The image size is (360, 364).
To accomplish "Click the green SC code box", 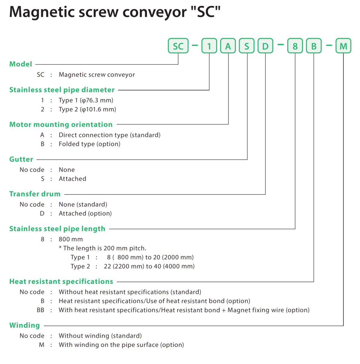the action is [178, 46].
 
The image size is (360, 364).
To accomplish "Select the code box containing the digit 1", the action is [209, 46].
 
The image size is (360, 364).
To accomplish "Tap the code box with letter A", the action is [228, 46].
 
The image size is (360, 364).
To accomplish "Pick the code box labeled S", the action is [247, 46].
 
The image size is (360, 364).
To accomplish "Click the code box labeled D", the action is [265, 46].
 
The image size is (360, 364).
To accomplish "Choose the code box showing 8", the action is [295, 46].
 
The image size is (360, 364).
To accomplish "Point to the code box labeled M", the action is [343, 46].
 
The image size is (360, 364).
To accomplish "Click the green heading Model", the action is [21, 64].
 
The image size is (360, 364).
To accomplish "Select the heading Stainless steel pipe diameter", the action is [62, 90].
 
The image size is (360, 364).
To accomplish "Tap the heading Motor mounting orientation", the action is [61, 124].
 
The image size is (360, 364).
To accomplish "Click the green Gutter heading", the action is [21, 159].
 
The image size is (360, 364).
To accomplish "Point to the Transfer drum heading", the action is [35, 194].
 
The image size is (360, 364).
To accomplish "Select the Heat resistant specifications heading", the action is [61, 281].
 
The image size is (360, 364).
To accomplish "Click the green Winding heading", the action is [25, 325].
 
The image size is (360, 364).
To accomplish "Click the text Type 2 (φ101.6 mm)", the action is [87, 109].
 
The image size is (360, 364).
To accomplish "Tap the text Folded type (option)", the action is [89, 144].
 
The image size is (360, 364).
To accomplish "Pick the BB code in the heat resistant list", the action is [40, 310].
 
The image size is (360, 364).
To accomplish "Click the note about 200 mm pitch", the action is [103, 248].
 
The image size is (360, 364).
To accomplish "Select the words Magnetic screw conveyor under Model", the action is [97, 75].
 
